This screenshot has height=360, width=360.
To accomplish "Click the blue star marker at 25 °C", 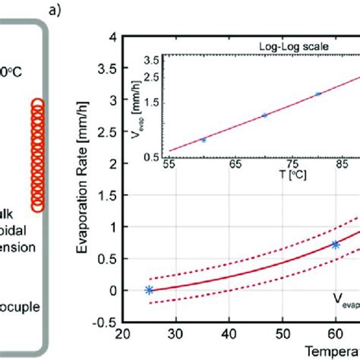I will [149, 290].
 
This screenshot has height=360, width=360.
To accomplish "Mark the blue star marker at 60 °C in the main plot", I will [336, 245].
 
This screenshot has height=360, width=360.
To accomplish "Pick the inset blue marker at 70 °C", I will [264, 115].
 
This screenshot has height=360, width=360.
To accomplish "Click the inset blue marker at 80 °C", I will [317, 94].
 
